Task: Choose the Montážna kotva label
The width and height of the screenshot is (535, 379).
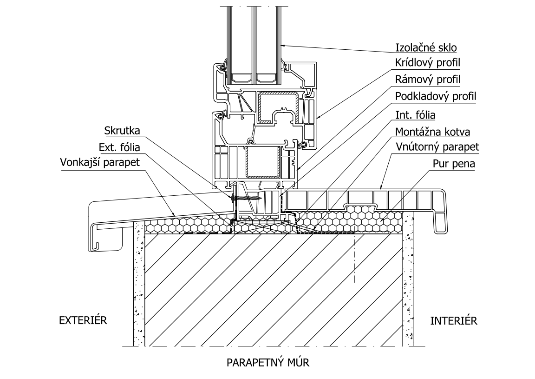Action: [x=432, y=132]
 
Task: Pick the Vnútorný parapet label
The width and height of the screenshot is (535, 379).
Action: [x=437, y=148]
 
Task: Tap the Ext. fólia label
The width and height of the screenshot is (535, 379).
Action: [x=120, y=147]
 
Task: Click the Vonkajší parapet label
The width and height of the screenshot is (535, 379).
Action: [x=100, y=163]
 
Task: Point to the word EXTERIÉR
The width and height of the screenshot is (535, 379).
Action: [x=83, y=320]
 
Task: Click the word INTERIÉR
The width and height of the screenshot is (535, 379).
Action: [x=454, y=320]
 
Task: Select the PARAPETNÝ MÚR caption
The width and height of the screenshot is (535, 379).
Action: [x=268, y=362]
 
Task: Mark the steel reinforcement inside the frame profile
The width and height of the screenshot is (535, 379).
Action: [x=264, y=163]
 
